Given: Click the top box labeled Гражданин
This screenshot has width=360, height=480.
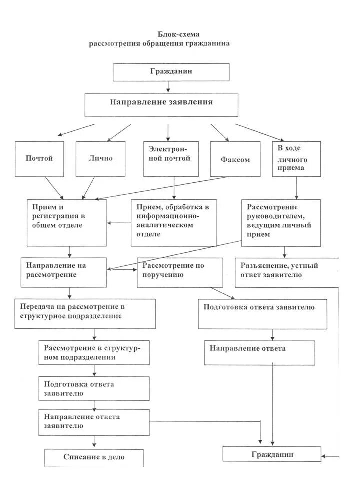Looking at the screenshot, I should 171,72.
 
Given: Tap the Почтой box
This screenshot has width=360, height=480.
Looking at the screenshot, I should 39,159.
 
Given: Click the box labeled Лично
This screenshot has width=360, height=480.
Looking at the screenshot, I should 100,159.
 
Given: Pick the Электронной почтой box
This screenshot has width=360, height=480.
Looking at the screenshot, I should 170,159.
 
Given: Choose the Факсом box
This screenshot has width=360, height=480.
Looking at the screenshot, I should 235,159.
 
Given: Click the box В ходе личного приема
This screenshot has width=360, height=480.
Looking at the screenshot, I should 296,159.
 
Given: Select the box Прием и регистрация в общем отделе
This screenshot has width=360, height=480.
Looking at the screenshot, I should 67,222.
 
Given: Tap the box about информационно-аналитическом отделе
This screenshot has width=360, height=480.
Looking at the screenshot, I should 174,222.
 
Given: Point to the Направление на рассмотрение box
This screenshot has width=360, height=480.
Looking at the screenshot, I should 64,272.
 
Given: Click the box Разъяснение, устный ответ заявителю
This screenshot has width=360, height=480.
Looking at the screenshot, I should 286,272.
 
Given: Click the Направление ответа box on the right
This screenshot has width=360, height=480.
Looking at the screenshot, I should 259,353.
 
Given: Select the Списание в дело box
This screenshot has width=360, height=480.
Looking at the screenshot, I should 94,457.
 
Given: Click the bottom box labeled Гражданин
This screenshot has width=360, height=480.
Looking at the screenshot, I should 271,454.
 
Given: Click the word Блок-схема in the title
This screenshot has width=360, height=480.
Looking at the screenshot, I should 178,34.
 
